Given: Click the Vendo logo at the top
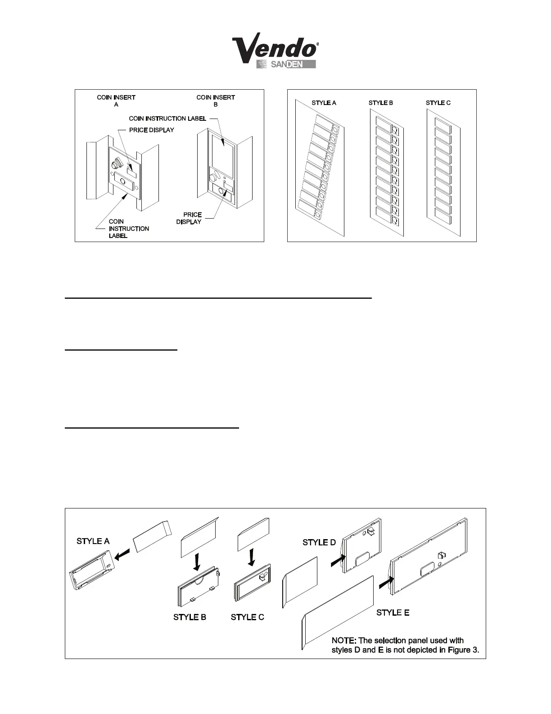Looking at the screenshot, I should point(275,50).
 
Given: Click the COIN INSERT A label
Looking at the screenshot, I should point(116,101).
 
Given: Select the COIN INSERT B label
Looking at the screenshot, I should point(216,101).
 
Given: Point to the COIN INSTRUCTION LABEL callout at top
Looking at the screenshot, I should point(167,119).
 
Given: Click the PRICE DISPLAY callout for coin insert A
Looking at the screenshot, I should point(151,130).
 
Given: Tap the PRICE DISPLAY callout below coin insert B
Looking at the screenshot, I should point(189,218).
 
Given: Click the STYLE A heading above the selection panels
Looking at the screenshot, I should point(324,103).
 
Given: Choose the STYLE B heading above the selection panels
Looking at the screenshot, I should point(381,103).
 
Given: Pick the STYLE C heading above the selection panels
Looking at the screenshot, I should point(438,103).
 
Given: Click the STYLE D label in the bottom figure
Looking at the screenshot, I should point(319,542).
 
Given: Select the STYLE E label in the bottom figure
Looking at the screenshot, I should point(393,613).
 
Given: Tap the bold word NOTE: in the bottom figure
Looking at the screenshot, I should point(344,641).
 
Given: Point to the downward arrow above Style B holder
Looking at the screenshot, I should point(196,562).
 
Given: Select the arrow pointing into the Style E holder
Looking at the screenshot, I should point(386,582).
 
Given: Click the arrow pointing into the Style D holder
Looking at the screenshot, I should point(338,560).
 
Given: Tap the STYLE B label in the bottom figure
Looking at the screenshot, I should point(190,617).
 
